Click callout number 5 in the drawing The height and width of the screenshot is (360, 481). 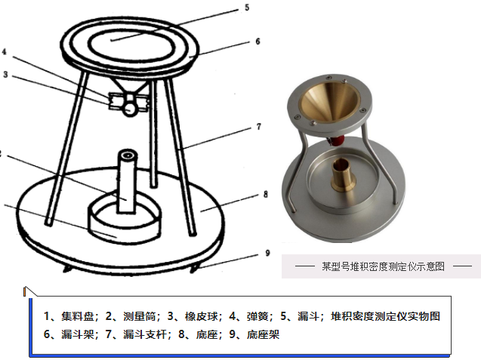(247, 8)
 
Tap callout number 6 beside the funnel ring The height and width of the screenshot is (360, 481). (257, 42)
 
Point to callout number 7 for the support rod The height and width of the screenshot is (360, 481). (259, 126)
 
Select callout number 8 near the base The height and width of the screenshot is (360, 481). (266, 194)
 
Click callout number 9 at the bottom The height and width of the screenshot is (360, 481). (267, 253)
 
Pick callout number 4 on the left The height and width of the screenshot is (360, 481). (5, 51)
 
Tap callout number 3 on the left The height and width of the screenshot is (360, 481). (5, 75)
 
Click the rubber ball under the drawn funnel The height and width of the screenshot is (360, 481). (130, 109)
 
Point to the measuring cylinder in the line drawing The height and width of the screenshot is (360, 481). (127, 181)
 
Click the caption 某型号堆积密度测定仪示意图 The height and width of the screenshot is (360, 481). (383, 266)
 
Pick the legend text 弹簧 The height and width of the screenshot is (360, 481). (257, 316)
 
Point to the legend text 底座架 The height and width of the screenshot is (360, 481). (264, 334)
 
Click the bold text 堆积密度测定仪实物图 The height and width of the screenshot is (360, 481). (385, 316)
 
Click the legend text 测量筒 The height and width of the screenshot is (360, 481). (139, 316)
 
